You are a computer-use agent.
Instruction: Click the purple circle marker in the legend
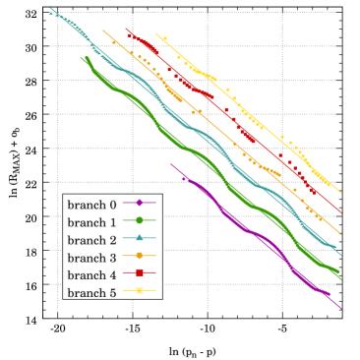pos(139,202)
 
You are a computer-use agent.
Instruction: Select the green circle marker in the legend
pos(139,219)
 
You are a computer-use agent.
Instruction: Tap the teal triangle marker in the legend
pos(139,237)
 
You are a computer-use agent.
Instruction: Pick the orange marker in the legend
pos(139,255)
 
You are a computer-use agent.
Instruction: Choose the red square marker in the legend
pos(139,272)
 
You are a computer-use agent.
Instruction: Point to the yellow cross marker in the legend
pos(139,290)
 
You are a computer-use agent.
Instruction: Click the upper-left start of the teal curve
pos(50,9)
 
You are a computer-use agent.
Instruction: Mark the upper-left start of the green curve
pos(81,57)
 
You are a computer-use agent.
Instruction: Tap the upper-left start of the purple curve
pos(171,164)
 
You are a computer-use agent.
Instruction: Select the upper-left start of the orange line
pos(103,30)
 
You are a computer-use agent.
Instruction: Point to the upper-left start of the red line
pos(126,29)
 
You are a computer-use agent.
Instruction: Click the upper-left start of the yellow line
pos(155,33)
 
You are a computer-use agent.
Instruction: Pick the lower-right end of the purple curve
pos(341,308)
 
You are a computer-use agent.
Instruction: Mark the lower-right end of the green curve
pos(341,278)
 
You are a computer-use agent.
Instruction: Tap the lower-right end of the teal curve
pos(341,255)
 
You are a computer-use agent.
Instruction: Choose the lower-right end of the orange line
pos(341,234)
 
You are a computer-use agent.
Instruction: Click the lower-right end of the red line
pos(341,210)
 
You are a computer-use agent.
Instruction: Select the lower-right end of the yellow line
pos(341,193)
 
